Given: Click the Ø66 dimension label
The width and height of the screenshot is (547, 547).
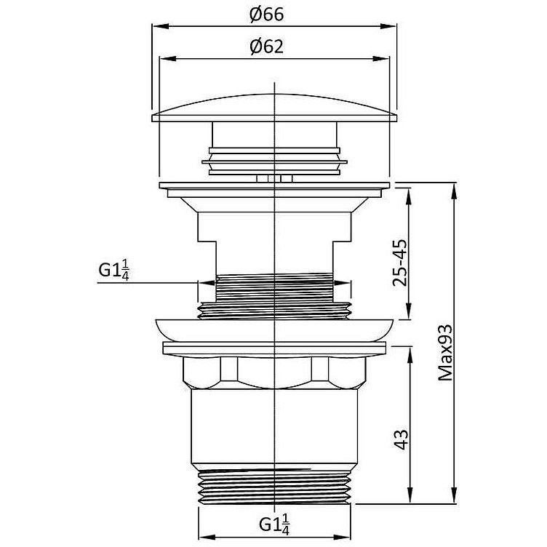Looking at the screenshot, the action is (267, 15).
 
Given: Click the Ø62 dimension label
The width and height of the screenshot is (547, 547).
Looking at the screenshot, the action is (267, 47).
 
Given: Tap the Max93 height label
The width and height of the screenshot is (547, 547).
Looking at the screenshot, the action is (445, 352).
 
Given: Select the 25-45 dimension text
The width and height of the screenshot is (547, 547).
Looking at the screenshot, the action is (400, 263).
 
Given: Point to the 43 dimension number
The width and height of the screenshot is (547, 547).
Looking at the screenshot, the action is (401, 439).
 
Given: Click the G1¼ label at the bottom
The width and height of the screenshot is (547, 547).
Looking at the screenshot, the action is (274, 524).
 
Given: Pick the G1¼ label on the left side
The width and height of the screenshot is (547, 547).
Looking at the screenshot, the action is (114, 271).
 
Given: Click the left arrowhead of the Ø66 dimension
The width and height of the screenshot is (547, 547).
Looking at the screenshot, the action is (161, 26).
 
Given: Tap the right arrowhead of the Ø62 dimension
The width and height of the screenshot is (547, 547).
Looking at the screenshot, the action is (380, 59).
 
